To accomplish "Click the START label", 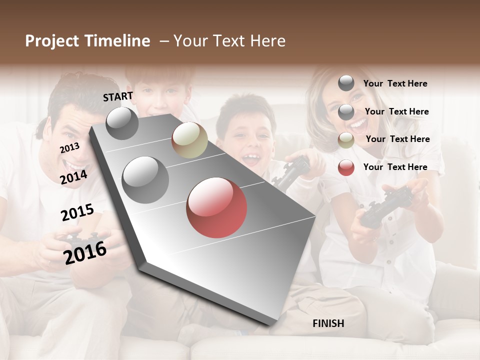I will [x=118, y=96].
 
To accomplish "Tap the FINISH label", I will [x=328, y=323].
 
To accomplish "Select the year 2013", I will [x=69, y=148].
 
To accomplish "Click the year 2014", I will [x=74, y=177].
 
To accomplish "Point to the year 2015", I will [x=77, y=212].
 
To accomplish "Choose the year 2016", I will [x=85, y=252].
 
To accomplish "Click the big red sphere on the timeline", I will [x=216, y=207].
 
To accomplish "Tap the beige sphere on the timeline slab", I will [x=189, y=140].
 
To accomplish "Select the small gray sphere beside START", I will [x=122, y=123].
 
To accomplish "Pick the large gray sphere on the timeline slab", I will [x=145, y=179].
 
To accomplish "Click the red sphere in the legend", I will [x=346, y=167].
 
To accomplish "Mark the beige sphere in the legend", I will [x=346, y=140].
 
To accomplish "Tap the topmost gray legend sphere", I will [x=346, y=83].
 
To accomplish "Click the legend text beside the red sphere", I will [x=395, y=167].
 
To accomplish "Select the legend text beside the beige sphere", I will [x=397, y=139].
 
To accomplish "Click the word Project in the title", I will [x=52, y=41].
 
